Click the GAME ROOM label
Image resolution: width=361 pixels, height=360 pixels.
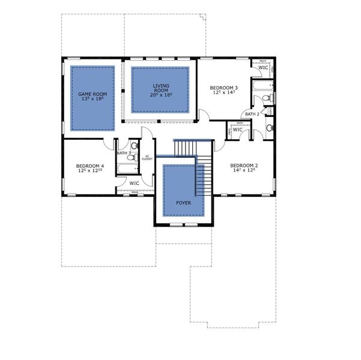pos(93,94)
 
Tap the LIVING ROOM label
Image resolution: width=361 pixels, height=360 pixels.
pos(161,86)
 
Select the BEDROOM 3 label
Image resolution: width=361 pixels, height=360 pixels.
pos(215,88)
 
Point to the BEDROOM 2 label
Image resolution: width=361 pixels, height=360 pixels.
pos(244,165)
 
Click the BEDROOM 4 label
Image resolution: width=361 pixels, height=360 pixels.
pos(90,166)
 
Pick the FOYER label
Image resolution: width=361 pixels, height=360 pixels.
pos(184,203)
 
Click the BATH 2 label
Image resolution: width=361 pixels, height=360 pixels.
pos(252,114)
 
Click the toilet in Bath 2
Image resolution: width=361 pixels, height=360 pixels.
pos(270,98)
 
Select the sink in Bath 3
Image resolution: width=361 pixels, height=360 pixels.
pos(135,145)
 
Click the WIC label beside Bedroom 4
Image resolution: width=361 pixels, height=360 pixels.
pos(134,183)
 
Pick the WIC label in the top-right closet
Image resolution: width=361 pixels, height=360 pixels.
pos(263,68)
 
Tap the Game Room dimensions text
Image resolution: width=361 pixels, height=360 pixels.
pos(93,100)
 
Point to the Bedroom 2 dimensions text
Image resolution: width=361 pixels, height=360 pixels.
pos(244,171)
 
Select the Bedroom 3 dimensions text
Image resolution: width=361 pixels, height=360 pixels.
pos(215,94)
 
